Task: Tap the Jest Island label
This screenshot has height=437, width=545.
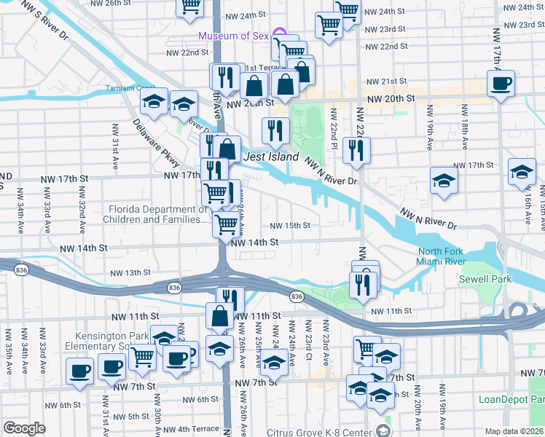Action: click(x=270, y=157)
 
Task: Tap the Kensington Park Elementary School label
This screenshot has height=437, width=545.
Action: click(x=117, y=342)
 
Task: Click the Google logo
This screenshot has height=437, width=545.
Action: click(x=24, y=428)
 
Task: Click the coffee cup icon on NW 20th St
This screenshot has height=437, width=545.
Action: click(x=501, y=84)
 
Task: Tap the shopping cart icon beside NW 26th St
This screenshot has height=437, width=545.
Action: click(x=190, y=7)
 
